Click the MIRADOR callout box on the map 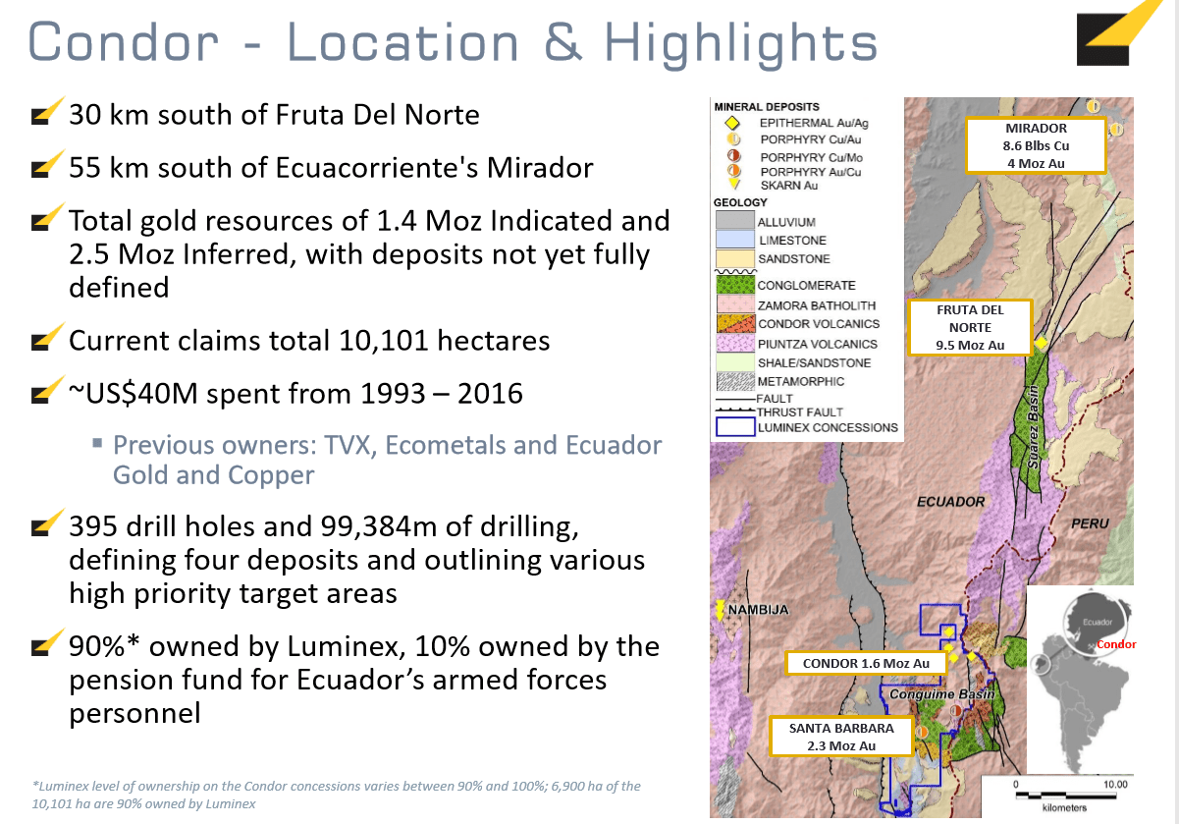pos(1036,146)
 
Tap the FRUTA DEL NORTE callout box pos(970,327)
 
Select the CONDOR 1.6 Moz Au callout pos(866,663)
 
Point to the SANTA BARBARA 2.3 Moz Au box pos(841,737)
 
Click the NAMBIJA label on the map pos(758,610)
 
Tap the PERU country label pos(1090,523)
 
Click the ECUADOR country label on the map pos(950,502)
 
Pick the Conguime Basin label pos(941,694)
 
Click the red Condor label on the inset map pos(1116,644)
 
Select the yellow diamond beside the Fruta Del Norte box pos(1041,343)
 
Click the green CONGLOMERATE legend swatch pos(735,285)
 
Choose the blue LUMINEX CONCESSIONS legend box pos(735,427)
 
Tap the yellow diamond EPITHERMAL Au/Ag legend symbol pos(732,123)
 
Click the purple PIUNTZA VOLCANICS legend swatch pos(735,344)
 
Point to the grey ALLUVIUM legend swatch pos(735,220)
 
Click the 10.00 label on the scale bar pos(1115,785)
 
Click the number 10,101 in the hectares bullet pos(383,341)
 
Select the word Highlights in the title pos(741,44)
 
